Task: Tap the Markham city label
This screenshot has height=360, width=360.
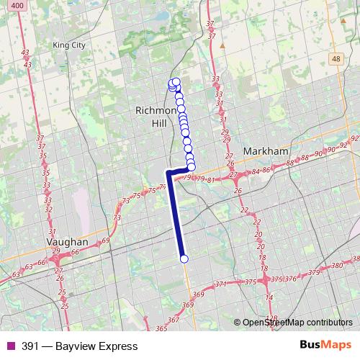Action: coord(266,152)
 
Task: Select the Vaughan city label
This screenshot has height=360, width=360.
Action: coord(66,243)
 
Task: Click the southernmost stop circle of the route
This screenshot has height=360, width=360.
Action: coord(184,258)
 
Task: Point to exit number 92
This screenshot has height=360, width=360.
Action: coord(354,138)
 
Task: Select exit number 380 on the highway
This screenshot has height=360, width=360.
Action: coord(337,266)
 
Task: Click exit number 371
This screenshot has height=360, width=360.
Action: coord(220,284)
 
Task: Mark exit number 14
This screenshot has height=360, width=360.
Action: coord(268,297)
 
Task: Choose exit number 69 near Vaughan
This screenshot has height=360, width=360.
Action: coord(107,240)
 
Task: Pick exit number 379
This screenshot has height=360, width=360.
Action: coord(313,272)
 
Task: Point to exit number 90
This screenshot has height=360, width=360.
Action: coord(332,149)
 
